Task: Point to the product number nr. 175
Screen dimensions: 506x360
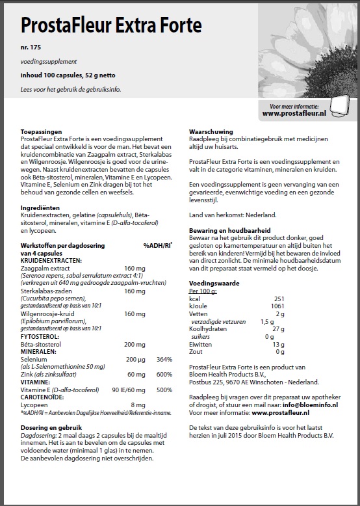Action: [30, 49]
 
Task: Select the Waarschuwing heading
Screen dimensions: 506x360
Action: [210, 131]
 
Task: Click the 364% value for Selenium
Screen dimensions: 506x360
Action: [164, 359]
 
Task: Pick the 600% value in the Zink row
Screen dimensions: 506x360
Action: [164, 374]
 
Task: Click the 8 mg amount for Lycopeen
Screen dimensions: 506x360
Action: [137, 405]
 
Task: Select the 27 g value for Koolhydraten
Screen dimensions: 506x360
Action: [279, 330]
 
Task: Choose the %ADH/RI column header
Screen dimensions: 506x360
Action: [158, 245]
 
